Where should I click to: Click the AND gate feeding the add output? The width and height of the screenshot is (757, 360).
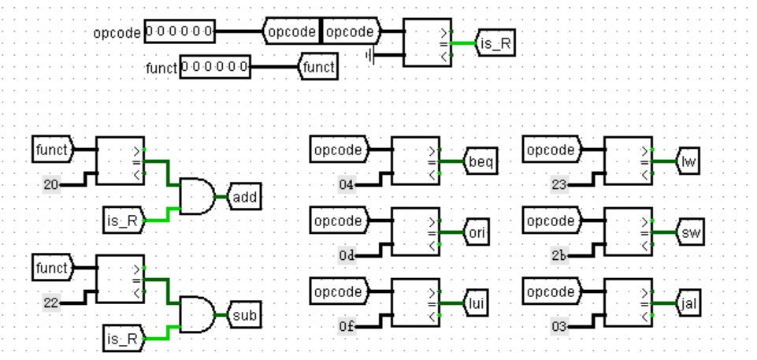tap(198, 195)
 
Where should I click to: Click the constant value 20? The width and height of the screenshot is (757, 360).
tap(52, 185)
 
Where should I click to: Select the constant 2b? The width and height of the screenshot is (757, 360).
tap(559, 256)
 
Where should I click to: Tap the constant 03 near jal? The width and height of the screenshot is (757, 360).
tap(559, 326)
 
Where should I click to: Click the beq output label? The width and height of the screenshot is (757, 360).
tap(480, 162)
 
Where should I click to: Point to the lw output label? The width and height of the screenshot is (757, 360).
tap(690, 162)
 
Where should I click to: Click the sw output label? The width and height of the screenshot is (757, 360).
tap(691, 233)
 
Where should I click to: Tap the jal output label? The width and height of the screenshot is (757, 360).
tap(691, 303)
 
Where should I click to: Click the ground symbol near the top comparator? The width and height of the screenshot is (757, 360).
tap(370, 56)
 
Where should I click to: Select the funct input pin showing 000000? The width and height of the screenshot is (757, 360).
tap(214, 68)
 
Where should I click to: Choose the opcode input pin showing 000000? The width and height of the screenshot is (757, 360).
tap(180, 32)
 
